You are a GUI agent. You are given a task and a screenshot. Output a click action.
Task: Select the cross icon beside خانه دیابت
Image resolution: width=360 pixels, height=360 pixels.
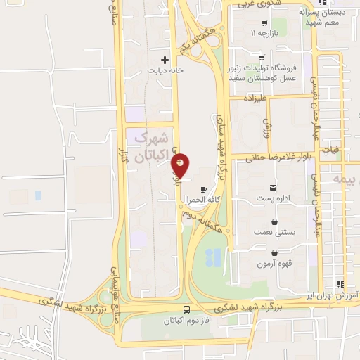click(165, 60)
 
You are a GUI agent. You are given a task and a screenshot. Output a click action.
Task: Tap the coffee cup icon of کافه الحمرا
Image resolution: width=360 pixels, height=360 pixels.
click(204, 189)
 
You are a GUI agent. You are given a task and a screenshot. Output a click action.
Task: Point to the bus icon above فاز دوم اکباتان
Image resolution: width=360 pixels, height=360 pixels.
click(186, 309)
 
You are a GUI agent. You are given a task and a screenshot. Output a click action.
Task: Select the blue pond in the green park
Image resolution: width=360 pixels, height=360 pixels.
click(214, 257)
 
